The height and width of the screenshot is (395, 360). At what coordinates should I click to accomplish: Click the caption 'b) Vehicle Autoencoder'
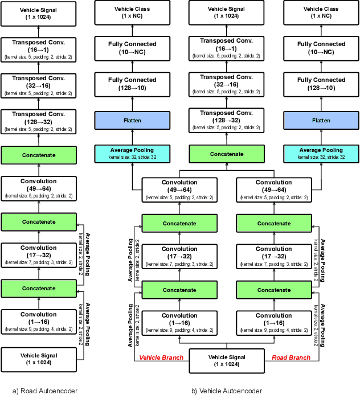pos(227,390)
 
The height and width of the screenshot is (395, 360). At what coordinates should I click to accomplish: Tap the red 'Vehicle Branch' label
pos(161,357)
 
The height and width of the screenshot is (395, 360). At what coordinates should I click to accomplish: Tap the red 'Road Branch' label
pos(292,357)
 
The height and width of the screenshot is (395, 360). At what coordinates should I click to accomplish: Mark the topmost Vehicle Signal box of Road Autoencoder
pos(38,13)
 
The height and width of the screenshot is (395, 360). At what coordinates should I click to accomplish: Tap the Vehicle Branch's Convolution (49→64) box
pos(179,188)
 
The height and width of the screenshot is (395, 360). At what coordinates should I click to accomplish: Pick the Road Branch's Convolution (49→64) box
pos(274,188)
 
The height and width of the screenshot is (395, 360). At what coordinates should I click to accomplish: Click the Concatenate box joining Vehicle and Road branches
pos(227,154)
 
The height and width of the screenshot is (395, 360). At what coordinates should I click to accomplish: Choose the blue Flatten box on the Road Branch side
pos(321,120)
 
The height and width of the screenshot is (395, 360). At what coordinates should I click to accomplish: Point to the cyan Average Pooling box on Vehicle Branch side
pos(132,154)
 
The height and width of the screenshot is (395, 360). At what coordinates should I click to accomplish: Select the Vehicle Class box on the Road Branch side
pos(321,13)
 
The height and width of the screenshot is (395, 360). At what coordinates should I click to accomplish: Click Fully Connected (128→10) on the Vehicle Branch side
pos(132,84)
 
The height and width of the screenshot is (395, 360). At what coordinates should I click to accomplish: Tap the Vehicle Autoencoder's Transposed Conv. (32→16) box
pos(227,84)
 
